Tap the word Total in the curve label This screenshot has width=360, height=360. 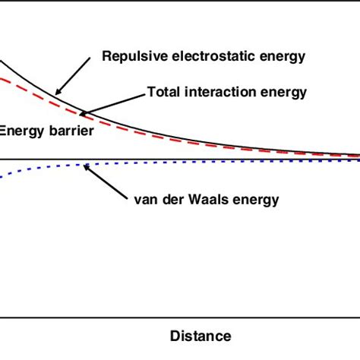point(163,93)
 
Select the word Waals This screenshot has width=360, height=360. point(211,200)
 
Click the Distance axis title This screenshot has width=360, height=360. point(201,335)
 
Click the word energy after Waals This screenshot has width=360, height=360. point(257,200)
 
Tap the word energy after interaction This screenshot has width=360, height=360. point(282,93)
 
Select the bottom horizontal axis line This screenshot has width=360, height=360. point(180,317)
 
